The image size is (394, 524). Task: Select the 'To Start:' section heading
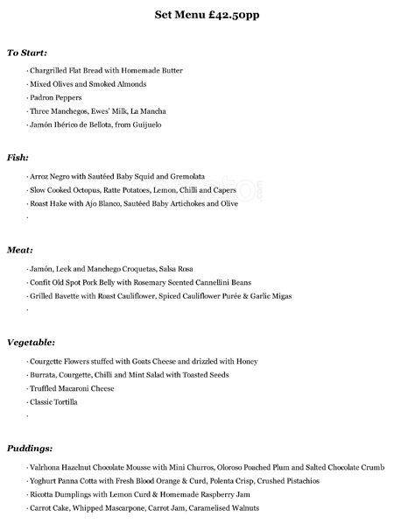pyautogui.click(x=27, y=53)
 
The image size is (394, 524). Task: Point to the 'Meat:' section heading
pyautogui.click(x=20, y=250)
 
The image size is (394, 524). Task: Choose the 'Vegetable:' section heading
pyautogui.click(x=32, y=342)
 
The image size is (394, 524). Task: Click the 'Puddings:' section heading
pyautogui.click(x=30, y=448)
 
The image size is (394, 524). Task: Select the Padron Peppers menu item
pyautogui.click(x=56, y=98)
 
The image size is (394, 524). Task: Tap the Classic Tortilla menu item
pyautogui.click(x=54, y=401)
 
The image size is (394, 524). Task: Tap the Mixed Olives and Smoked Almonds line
pyautogui.click(x=88, y=84)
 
